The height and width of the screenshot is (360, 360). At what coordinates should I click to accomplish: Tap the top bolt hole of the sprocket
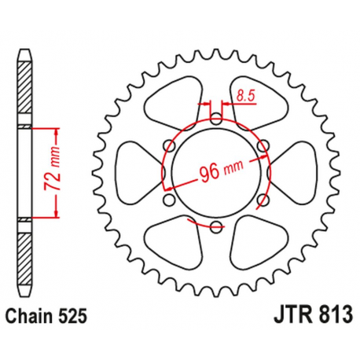click(x=215, y=119)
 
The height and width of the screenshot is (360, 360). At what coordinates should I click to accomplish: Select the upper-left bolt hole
click(x=168, y=146)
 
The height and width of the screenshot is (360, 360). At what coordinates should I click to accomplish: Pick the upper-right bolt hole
click(x=263, y=146)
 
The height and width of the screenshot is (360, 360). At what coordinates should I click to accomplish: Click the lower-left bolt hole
click(x=168, y=200)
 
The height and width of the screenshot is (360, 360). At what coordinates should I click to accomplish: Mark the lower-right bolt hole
click(x=263, y=200)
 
